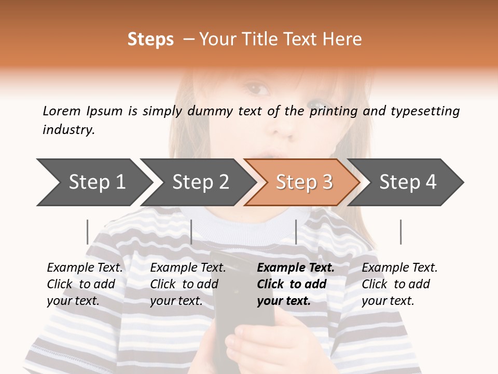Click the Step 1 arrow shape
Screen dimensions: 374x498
pyautogui.click(x=93, y=182)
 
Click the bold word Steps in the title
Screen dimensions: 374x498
pyautogui.click(x=150, y=39)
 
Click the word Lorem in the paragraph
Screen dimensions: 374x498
pyautogui.click(x=61, y=111)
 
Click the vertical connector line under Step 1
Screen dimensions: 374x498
pyautogui.click(x=87, y=232)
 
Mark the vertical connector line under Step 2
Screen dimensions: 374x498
pyautogui.click(x=191, y=232)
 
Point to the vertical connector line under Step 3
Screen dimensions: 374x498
pyautogui.click(x=296, y=232)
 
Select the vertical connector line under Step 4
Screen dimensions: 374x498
pyautogui.click(x=400, y=232)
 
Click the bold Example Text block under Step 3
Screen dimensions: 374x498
pyautogui.click(x=295, y=284)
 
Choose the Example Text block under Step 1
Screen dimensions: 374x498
pyautogui.click(x=85, y=284)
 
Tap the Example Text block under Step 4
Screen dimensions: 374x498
pyautogui.click(x=399, y=284)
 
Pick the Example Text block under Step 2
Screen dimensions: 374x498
pyautogui.click(x=188, y=284)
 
